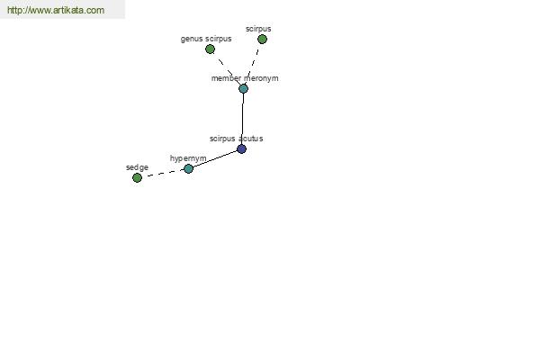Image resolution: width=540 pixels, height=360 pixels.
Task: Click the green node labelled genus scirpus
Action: click(210, 49)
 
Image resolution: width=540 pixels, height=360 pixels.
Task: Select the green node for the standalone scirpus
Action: click(262, 40)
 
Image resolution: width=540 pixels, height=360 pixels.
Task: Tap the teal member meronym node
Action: click(244, 89)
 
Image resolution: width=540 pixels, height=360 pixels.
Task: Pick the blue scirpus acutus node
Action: click(242, 149)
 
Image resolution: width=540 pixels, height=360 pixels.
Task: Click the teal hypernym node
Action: click(188, 169)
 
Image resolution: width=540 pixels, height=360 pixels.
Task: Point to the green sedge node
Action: click(137, 178)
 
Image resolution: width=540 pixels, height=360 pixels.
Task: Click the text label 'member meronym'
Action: click(245, 78)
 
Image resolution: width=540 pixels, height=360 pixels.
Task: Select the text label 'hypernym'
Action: click(188, 158)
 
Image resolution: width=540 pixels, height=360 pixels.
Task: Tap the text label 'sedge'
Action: click(137, 167)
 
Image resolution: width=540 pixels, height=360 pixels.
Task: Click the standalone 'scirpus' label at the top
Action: click(258, 29)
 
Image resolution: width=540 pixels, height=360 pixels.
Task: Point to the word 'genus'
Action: click(192, 39)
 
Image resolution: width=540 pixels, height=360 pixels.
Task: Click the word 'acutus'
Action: click(251, 139)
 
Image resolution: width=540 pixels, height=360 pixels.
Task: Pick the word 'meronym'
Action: click(261, 78)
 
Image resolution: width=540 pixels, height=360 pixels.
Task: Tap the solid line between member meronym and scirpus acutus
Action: click(243, 119)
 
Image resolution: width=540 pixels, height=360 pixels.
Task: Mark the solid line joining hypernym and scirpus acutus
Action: click(215, 159)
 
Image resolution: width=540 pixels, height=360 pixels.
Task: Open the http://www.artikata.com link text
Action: click(56, 10)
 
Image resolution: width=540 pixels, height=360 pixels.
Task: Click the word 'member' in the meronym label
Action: click(226, 78)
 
